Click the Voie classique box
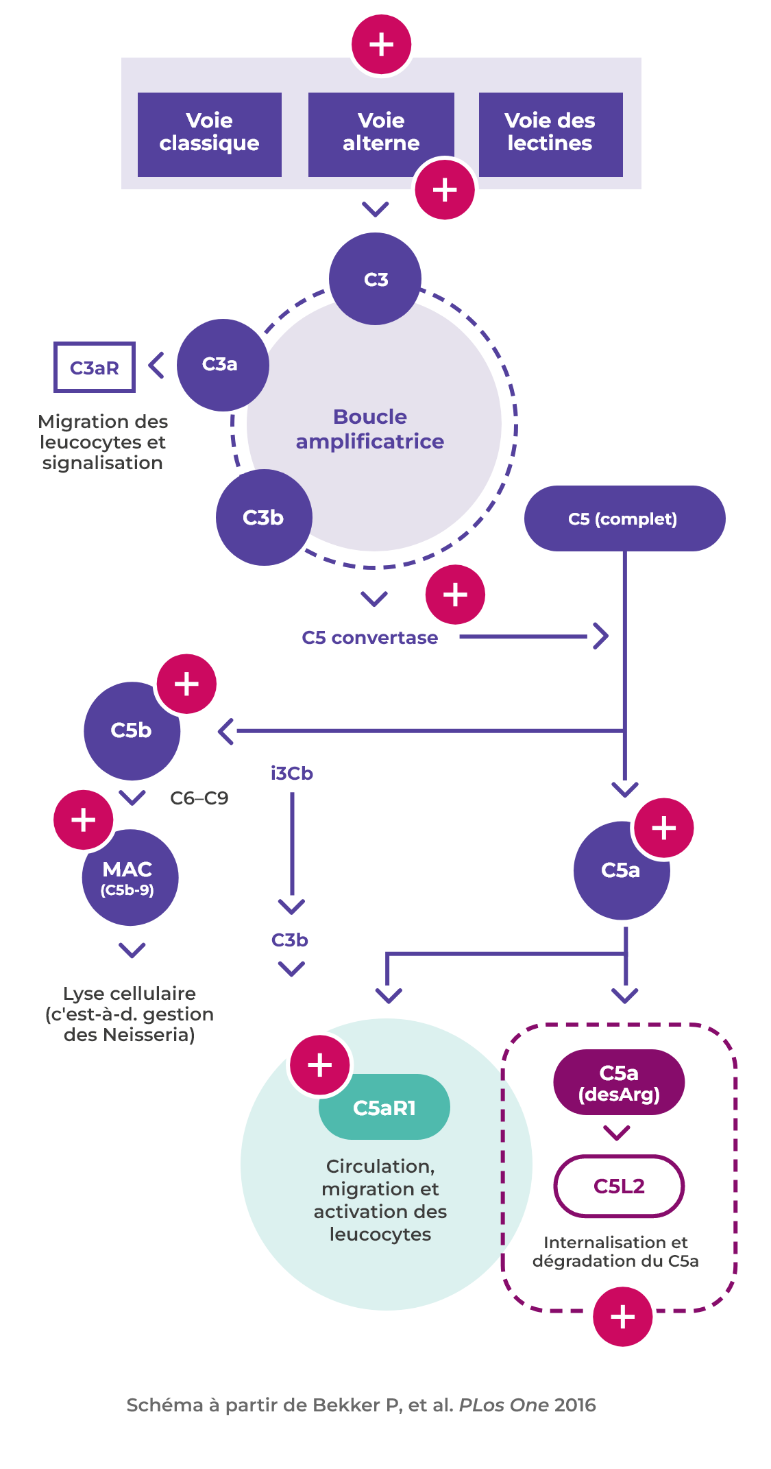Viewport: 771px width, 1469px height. (x=209, y=134)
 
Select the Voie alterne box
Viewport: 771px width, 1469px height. (x=380, y=132)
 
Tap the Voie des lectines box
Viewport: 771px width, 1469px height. (x=550, y=134)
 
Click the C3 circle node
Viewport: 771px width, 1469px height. (x=375, y=278)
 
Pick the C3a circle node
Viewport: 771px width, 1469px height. (x=221, y=364)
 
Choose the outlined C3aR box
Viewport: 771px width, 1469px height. (x=95, y=368)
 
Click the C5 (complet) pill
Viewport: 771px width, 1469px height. (x=624, y=518)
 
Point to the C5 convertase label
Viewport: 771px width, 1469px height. (x=369, y=638)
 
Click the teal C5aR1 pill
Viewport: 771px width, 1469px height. (x=384, y=1108)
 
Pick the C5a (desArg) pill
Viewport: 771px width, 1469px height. (x=619, y=1082)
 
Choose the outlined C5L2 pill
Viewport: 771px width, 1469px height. (x=619, y=1186)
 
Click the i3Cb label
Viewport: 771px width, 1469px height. (x=291, y=774)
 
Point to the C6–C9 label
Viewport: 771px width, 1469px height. (x=199, y=798)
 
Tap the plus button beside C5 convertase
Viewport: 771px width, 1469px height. (x=455, y=595)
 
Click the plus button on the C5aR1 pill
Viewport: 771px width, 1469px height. (x=320, y=1065)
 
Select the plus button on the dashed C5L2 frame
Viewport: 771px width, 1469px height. (x=622, y=1317)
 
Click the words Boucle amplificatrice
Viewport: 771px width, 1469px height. (x=370, y=429)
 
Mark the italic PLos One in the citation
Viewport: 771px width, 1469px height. (x=503, y=1405)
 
